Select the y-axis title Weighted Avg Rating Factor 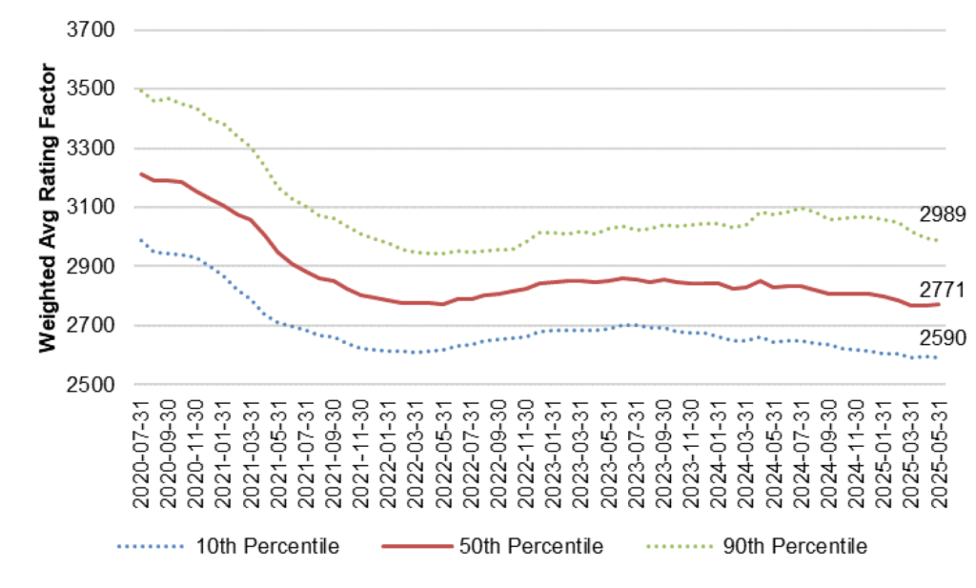pos(48,208)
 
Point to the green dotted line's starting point pos(141,90)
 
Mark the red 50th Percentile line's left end pos(141,173)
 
